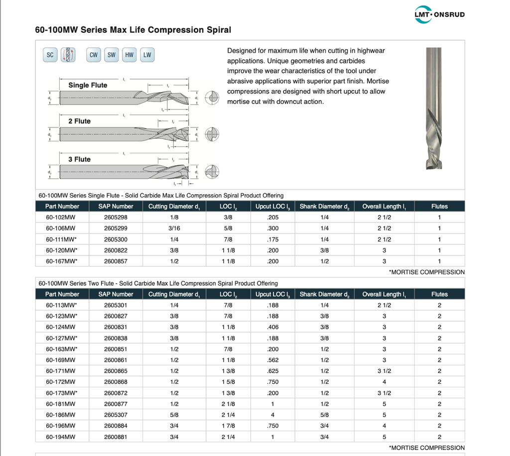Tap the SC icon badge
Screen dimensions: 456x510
(50, 55)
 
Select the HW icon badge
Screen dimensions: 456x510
(129, 55)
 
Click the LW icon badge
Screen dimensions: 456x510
(147, 55)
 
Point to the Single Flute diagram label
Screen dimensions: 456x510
(88, 85)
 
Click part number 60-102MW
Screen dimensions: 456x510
(60, 218)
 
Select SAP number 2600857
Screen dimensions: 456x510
(116, 261)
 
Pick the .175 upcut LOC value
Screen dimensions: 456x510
(272, 239)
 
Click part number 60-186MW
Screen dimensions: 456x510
(60, 415)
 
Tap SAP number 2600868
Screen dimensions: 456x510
(116, 382)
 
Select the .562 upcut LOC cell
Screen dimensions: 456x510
(272, 360)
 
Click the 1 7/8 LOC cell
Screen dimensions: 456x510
(228, 426)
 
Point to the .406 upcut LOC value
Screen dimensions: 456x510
(272, 327)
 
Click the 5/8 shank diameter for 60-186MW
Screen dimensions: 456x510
(324, 415)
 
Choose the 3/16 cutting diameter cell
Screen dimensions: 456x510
(174, 228)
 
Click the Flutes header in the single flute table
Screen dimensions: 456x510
(439, 206)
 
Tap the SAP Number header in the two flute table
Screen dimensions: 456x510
(116, 294)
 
